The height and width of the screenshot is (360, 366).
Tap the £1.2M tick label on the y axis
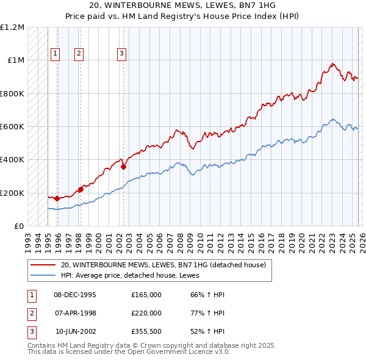12,27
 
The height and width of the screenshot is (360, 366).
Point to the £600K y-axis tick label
12,127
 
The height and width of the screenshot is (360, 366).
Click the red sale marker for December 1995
57,198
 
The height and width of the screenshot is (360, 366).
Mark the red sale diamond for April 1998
81,190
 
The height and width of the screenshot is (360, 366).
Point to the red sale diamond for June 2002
123,166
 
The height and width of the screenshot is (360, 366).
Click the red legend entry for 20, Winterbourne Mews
163,265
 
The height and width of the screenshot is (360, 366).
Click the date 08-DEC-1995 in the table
75,295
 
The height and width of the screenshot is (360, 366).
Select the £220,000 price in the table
146,313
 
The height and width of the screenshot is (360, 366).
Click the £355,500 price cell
146,331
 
